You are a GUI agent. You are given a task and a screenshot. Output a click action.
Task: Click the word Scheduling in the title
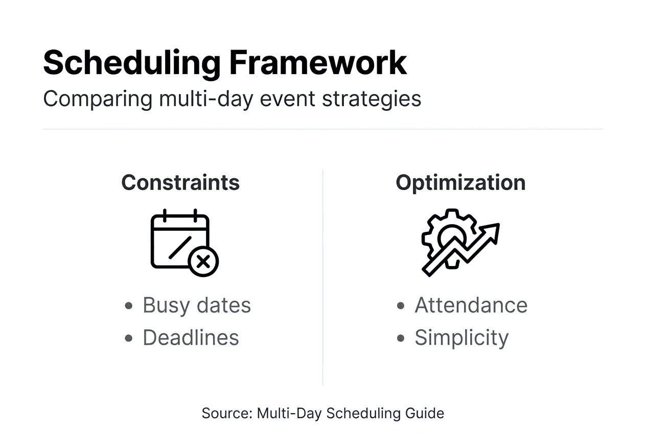coord(132,64)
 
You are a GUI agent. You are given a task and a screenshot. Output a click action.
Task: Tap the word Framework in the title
coord(318,62)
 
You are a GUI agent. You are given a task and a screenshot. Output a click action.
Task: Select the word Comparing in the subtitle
coord(98,100)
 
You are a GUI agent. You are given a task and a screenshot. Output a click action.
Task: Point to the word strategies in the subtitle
coord(372,100)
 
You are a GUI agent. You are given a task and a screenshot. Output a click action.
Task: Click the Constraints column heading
coord(180,183)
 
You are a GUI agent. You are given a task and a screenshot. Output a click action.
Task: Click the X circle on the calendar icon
coord(203,261)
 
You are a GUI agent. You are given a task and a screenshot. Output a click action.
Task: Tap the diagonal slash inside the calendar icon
coord(180,248)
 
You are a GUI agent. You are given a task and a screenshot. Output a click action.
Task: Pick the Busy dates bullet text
coord(197,305)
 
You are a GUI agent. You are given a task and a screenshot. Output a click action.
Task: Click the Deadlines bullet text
coord(191,338)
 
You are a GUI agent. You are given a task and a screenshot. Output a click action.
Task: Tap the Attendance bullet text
coord(471,305)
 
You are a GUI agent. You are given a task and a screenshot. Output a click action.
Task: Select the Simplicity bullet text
coord(462,338)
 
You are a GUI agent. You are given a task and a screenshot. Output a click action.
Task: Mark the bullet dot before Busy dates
coord(129,306)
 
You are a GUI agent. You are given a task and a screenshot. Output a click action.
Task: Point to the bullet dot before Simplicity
coord(401,338)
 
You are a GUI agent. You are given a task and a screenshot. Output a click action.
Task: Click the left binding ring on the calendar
coord(165,215)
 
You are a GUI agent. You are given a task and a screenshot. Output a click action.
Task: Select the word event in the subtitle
coord(287,100)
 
